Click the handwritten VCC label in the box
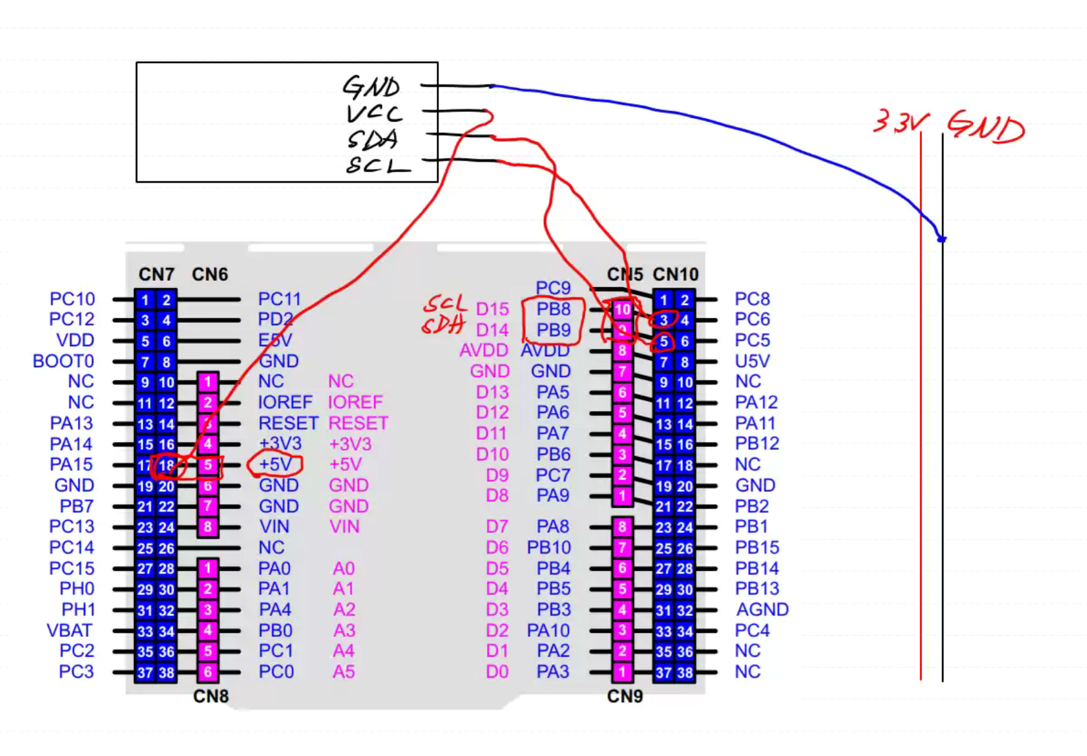point(374,114)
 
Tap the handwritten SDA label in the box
point(372,140)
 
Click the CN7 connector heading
point(156,274)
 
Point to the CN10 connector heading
point(675,274)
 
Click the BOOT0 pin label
point(64,361)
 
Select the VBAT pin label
point(70,631)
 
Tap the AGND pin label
point(762,610)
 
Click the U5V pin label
point(752,361)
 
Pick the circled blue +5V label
point(275,464)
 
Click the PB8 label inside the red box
point(552,309)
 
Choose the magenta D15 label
point(493,309)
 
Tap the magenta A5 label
point(344,672)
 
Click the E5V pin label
point(275,341)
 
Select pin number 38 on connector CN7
point(167,673)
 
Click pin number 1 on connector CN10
point(664,300)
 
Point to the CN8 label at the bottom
point(210,697)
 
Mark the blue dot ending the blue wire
point(942,239)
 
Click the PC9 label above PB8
point(553,288)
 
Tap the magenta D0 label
point(497,672)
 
